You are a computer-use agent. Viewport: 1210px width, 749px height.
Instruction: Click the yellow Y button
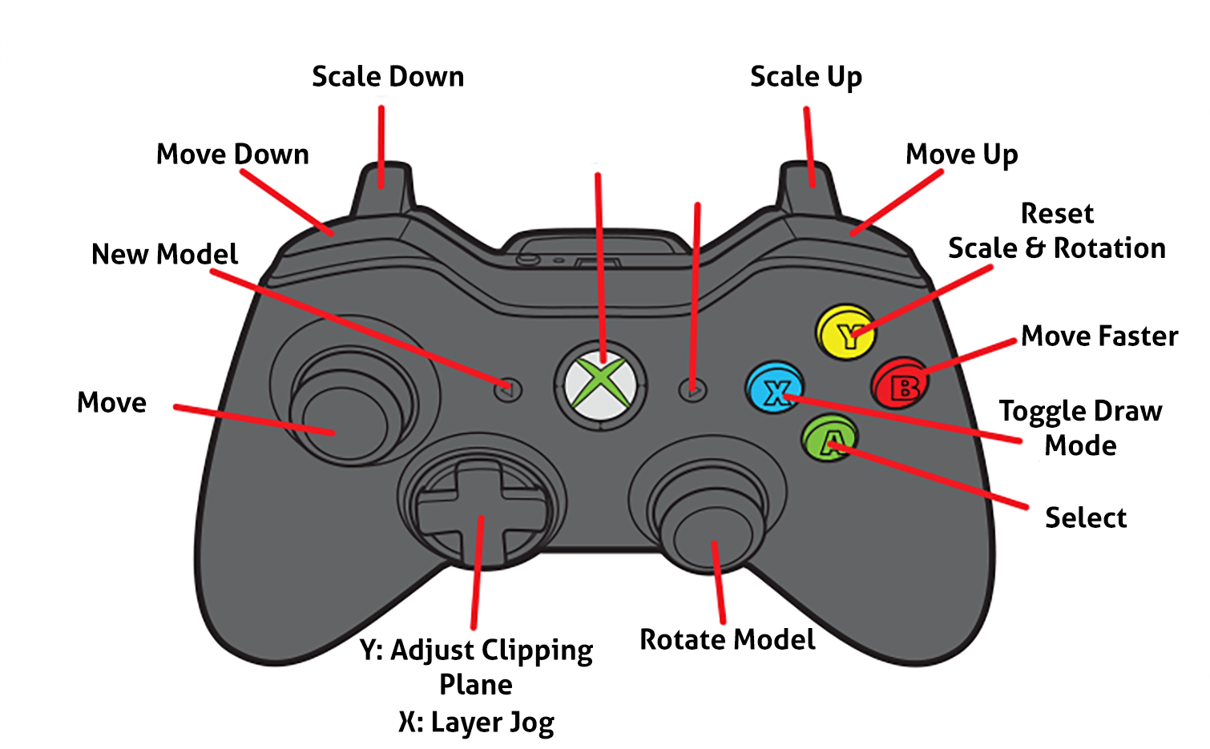(845, 332)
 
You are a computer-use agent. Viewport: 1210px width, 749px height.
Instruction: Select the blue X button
(774, 389)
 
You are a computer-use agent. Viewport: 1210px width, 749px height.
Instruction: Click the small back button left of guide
(507, 390)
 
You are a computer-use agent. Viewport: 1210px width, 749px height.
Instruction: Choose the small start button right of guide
(693, 390)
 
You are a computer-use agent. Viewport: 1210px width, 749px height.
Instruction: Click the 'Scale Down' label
(388, 77)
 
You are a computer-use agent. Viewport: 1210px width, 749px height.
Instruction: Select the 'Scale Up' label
(805, 77)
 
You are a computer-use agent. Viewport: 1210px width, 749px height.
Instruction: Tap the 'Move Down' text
(232, 154)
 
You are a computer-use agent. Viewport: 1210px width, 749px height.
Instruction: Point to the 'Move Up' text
(962, 155)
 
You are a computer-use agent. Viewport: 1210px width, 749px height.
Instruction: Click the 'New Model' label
(164, 255)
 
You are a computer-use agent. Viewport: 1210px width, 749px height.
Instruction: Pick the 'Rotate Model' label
(727, 639)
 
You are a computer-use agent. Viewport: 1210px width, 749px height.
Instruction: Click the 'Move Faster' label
(1099, 336)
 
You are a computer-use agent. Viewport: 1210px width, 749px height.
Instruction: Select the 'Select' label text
(1086, 517)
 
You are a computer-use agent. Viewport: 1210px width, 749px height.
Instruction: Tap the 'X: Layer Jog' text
(476, 723)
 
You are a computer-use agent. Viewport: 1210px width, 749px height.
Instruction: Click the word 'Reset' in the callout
(1057, 214)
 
